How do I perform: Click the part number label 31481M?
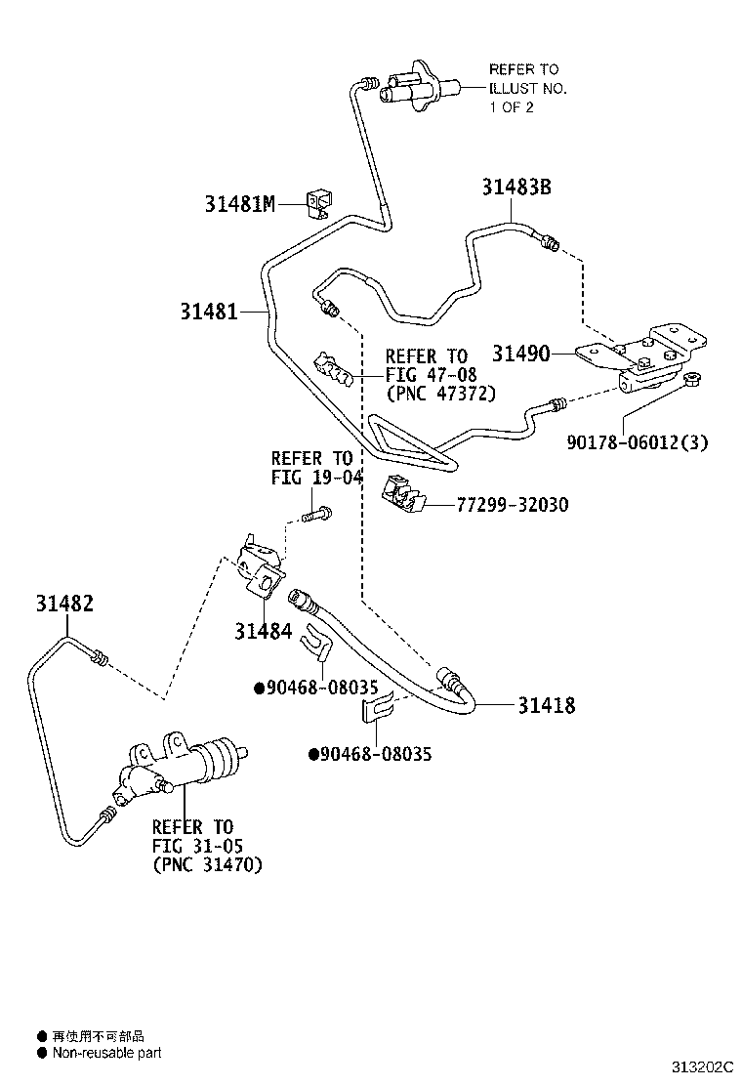pos(240,204)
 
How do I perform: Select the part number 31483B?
pos(515,187)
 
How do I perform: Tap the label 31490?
pos(520,354)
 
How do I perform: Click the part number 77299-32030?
pos(513,505)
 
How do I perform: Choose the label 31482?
pos(61,604)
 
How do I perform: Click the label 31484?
pos(263,631)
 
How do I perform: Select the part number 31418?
pos(546,705)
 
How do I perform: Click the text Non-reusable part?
pos(106,1053)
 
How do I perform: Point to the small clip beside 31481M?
pos(319,203)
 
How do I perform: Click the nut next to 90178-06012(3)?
pos(695,379)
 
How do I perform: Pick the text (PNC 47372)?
pos(440,394)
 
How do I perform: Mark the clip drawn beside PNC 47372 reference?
pos(331,370)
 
